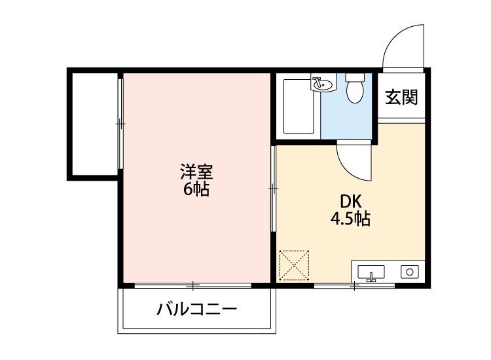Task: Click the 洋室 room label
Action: pos(196,173)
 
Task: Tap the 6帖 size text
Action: pos(196,190)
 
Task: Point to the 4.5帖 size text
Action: pos(350,219)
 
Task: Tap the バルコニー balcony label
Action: pos(196,309)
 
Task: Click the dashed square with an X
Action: pos(295,264)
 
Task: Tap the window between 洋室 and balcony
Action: pos(193,285)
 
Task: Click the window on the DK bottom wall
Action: pos(354,285)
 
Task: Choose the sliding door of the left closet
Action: pos(120,122)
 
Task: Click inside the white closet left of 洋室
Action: pos(94,122)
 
